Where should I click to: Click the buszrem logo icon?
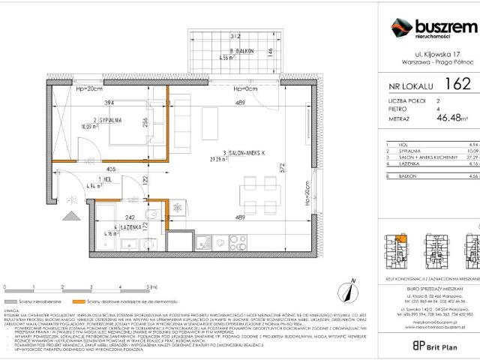click(x=400, y=28)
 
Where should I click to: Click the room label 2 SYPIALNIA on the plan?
click(x=108, y=120)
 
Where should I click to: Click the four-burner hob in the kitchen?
click(x=237, y=242)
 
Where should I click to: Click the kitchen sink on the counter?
click(x=204, y=242)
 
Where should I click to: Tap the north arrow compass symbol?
click(x=347, y=286)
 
